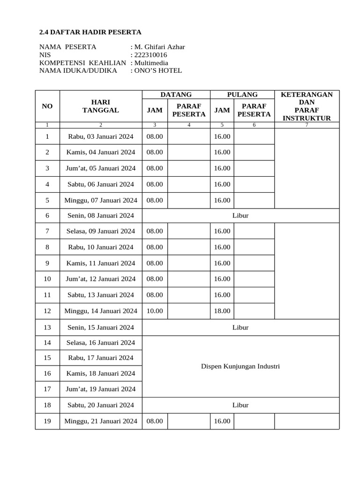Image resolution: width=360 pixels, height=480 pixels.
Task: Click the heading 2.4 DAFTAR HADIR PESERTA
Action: tap(90, 32)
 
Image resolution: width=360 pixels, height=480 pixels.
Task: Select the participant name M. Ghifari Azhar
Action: tap(159, 47)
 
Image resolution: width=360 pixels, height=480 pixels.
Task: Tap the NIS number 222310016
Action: tap(150, 55)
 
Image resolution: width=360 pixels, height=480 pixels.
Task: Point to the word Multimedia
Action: tap(151, 63)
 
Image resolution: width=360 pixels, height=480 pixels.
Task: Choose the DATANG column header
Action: tap(176, 95)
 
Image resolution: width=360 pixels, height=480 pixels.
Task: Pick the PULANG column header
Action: tap(242, 95)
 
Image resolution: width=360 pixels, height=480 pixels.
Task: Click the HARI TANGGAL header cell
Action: tap(100, 106)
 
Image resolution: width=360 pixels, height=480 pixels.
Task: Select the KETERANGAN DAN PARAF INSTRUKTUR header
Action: tap(307, 106)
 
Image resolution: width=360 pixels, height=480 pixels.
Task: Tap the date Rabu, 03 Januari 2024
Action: tap(100, 136)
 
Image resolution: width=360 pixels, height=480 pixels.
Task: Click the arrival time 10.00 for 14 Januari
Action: tap(155, 311)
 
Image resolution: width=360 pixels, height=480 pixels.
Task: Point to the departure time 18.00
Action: tap(222, 311)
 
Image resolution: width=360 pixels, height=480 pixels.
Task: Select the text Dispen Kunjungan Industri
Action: tap(240, 366)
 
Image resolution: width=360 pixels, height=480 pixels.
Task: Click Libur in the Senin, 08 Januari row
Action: tap(240, 216)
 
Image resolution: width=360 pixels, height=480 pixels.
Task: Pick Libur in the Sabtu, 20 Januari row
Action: tap(240, 405)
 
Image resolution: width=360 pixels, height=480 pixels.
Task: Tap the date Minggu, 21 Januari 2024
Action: tap(100, 421)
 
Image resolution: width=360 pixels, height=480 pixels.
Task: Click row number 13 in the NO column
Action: tap(47, 327)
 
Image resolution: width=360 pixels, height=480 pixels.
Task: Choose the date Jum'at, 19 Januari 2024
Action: tap(100, 389)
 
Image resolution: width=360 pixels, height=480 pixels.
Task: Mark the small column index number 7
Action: tap(307, 125)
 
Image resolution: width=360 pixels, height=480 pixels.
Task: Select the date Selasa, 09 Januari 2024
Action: tap(100, 231)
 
